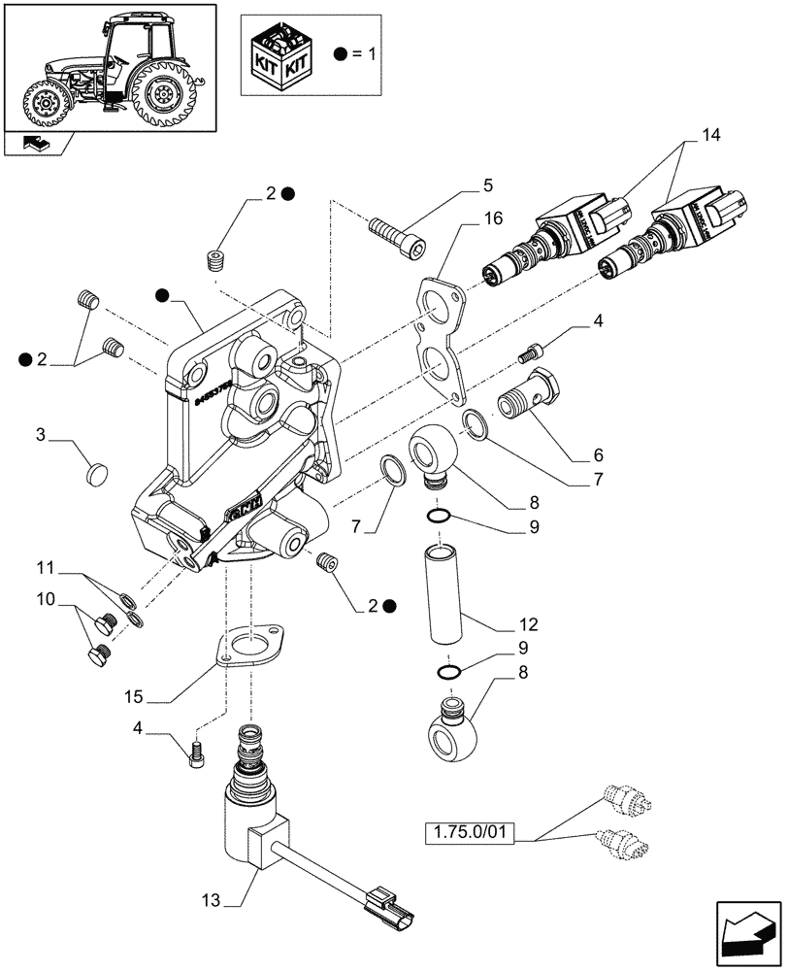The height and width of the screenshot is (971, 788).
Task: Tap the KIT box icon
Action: [x=281, y=55]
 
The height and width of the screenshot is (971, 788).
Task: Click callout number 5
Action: [x=488, y=184]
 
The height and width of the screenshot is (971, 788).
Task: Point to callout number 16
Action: [x=494, y=218]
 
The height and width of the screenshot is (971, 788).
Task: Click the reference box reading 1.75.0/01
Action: [x=470, y=833]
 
